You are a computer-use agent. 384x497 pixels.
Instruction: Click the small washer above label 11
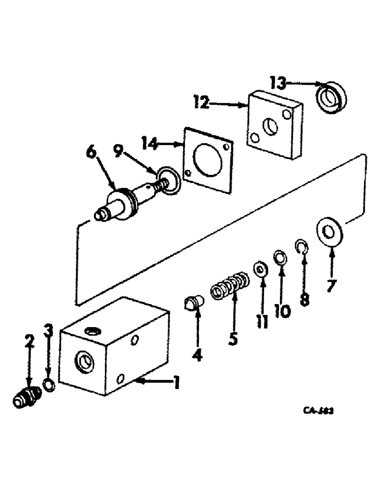pyautogui.click(x=260, y=269)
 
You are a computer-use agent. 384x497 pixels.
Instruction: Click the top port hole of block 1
pyautogui.click(x=93, y=331)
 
